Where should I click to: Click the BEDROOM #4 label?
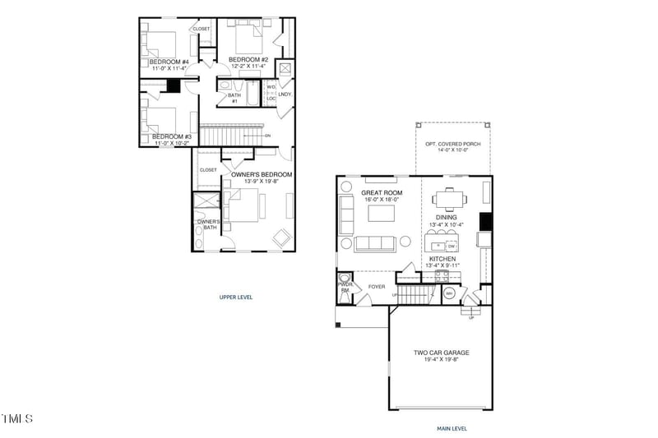pos(169,62)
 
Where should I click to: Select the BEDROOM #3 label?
pos(171,136)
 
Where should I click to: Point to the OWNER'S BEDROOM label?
pos(262,174)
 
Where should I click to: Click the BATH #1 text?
pos(234,98)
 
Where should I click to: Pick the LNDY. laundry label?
pos(285,95)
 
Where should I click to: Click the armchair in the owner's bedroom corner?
pos(281,237)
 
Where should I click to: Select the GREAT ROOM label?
pos(380,192)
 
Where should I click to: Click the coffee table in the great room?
pos(381,214)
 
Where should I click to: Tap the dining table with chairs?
pos(448,198)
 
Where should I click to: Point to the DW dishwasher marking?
pos(452,246)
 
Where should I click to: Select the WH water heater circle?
pos(449,293)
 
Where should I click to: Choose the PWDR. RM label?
pos(345,288)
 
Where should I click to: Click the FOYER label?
pos(377,287)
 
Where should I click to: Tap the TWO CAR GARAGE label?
pos(440,353)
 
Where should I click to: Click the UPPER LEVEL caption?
pos(235,297)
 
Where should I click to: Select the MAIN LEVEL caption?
pos(452,428)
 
